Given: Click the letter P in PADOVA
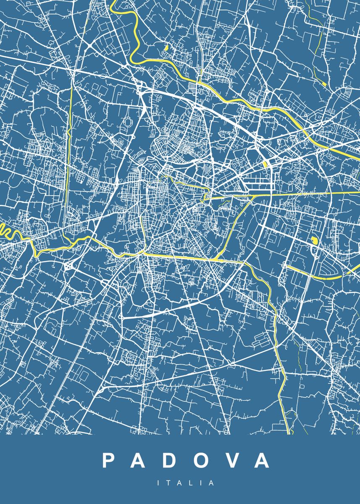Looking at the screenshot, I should click(108, 461).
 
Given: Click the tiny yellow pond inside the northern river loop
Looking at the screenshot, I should click(166, 48).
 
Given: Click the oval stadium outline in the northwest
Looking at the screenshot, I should click(127, 123).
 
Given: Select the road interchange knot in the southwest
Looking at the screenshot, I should click(68, 266).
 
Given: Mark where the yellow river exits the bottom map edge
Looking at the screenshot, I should click(289, 431).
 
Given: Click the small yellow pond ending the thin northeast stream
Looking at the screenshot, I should click(324, 84).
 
